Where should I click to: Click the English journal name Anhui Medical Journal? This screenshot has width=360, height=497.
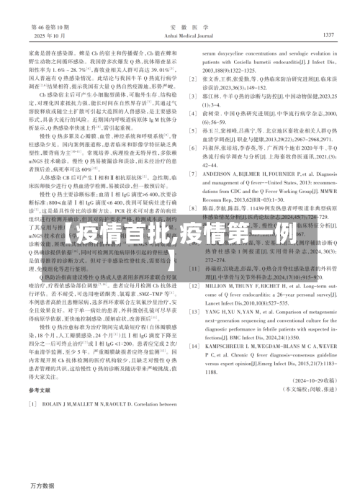pos(180,35)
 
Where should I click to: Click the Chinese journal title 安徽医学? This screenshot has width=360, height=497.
pos(180,25)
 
